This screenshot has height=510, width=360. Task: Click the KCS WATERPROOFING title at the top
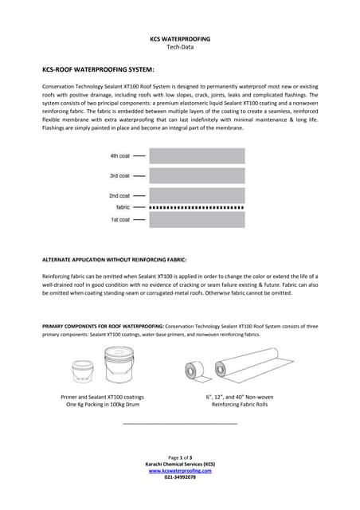(179, 38)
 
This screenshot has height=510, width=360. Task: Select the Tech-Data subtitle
(179, 47)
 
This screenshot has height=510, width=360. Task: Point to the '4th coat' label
(119, 156)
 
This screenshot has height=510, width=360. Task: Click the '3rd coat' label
(119, 175)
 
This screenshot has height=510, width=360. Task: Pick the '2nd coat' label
(119, 195)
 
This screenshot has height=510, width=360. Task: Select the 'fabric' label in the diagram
(123, 207)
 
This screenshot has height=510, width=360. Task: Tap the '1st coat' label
(119, 219)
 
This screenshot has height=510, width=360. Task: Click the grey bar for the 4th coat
(196, 156)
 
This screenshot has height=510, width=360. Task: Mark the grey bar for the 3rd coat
(196, 175)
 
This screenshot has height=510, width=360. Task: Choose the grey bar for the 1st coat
(196, 219)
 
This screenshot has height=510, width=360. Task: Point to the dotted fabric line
(196, 207)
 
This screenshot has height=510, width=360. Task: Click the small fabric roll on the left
(192, 371)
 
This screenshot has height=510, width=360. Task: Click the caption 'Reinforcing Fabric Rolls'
(240, 404)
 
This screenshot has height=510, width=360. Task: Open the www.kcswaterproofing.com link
(180, 470)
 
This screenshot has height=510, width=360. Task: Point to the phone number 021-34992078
(180, 477)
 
